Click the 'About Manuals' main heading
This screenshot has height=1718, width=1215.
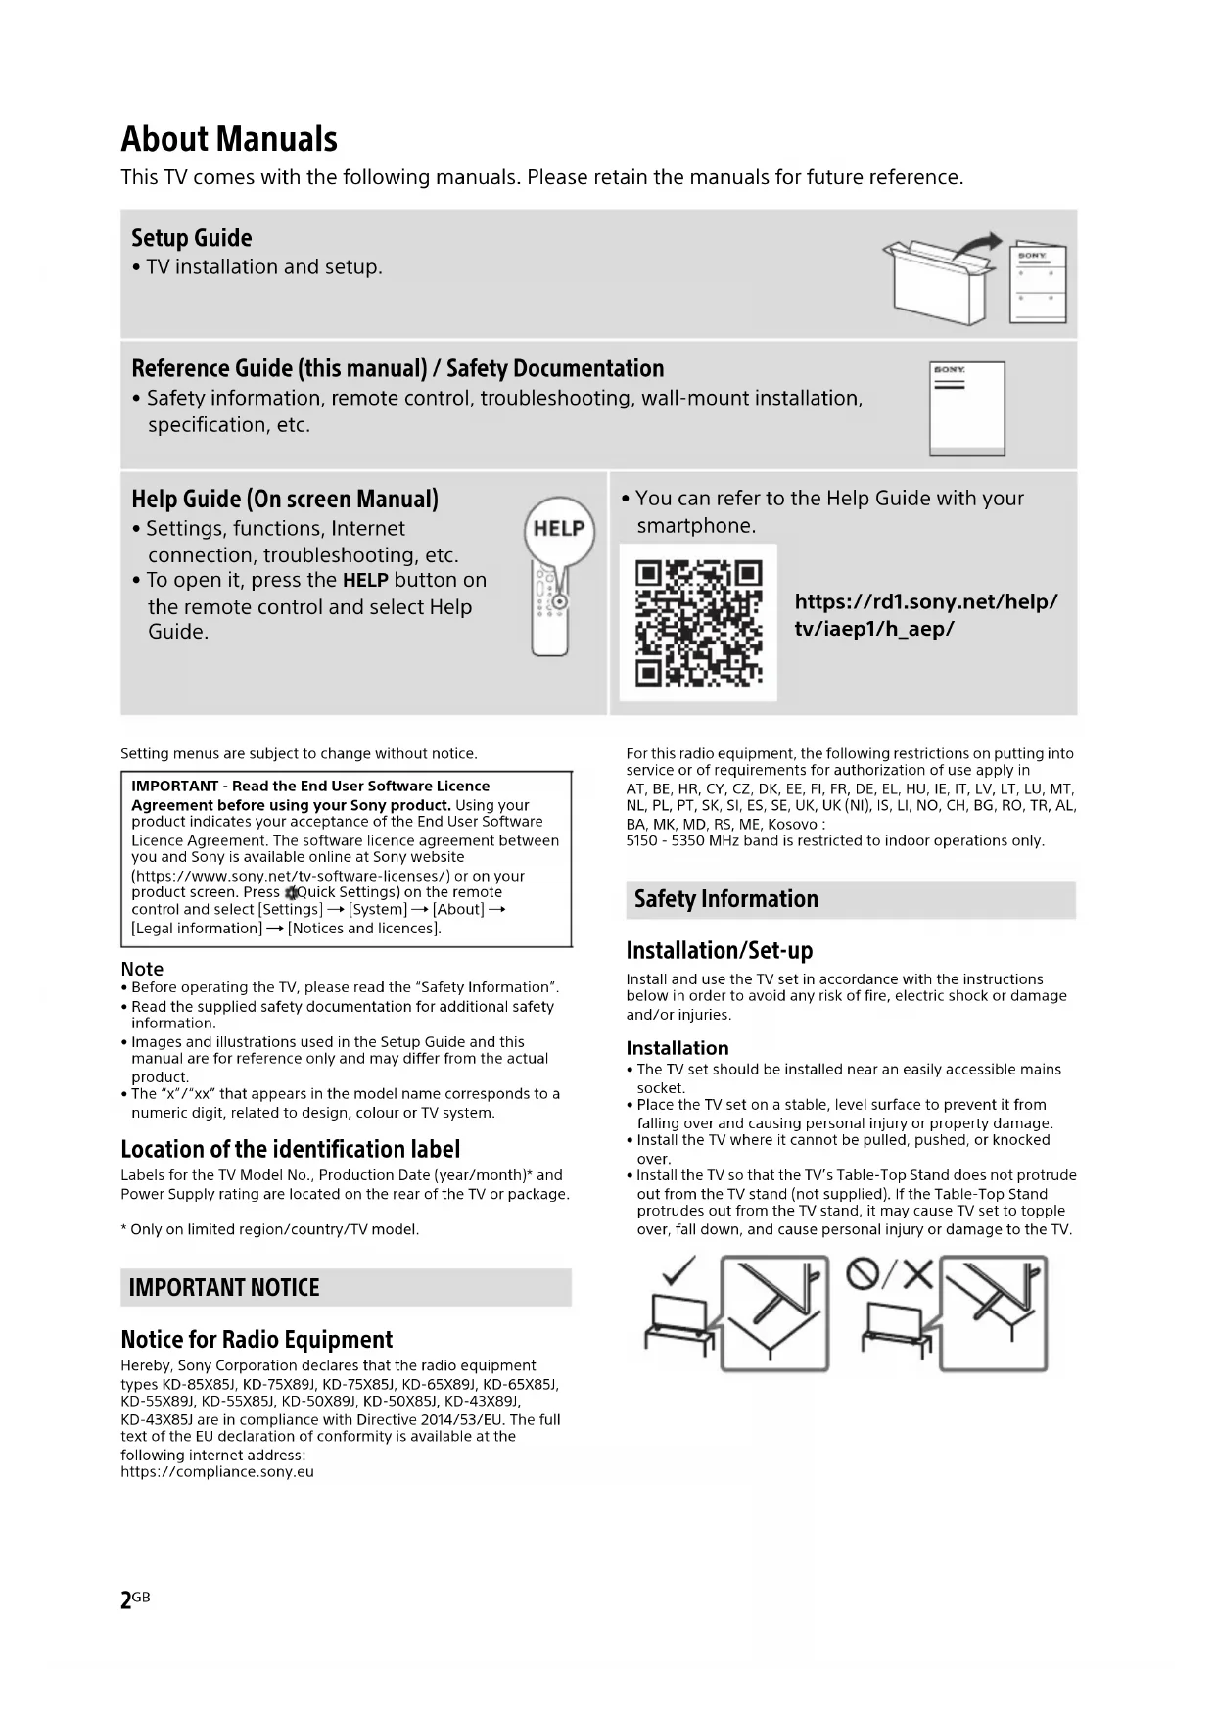[x=229, y=139]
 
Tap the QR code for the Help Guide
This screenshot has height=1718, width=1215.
[x=698, y=623]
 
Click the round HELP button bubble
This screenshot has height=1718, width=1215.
[x=559, y=529]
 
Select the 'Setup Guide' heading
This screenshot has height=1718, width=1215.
[x=192, y=238]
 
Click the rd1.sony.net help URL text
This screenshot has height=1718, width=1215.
[x=925, y=615]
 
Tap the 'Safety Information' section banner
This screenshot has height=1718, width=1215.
[x=725, y=899]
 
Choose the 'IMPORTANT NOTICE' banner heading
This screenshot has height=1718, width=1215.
[x=224, y=1287]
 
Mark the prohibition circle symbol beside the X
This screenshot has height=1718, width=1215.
[x=863, y=1273]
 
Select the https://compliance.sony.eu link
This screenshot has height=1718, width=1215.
[x=217, y=1471]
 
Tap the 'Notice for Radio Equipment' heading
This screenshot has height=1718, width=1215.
[x=257, y=1339]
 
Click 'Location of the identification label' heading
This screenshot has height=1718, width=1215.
[x=290, y=1149]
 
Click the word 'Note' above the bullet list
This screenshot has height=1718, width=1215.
[x=142, y=969]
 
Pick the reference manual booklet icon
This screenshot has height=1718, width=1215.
[x=967, y=408]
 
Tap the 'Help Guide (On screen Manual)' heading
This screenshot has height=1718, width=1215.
[x=285, y=500]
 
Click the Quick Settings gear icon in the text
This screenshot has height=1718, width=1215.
[x=291, y=893]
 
